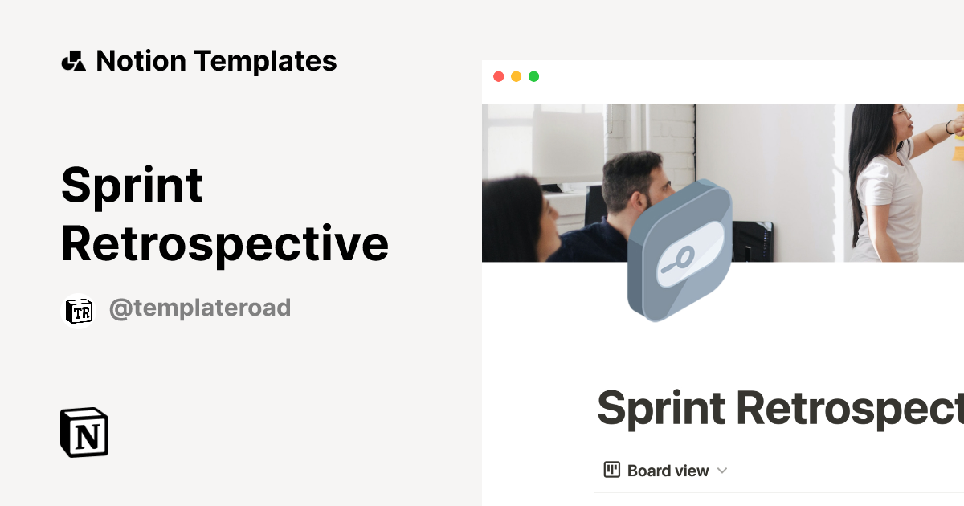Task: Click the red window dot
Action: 498,76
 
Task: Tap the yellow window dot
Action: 516,76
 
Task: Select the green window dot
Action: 533,76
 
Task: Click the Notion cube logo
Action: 84,433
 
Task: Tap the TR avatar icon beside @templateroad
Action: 79,311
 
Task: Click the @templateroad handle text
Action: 199,308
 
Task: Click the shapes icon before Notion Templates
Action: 73,61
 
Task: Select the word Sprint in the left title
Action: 132,185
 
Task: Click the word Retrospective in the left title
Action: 225,243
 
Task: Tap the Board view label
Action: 668,471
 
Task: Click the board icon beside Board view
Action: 612,470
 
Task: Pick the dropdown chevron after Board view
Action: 721,471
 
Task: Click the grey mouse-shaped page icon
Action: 680,251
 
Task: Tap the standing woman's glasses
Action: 903,113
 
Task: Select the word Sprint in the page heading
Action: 661,407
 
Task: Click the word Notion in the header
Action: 141,61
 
